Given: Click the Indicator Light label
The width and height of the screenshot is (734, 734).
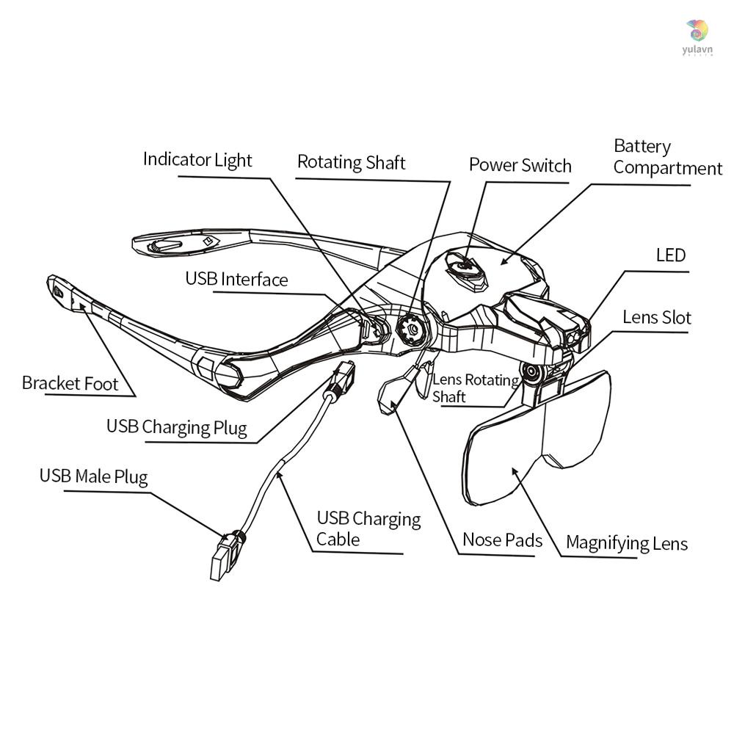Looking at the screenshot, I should [x=197, y=160].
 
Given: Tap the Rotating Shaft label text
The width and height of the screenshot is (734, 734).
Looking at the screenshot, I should [x=351, y=162].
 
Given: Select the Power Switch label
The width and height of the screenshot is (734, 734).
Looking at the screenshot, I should [x=520, y=165].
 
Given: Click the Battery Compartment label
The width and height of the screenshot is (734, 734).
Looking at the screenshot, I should [x=667, y=157].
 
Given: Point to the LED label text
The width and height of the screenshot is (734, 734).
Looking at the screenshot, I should [x=670, y=255].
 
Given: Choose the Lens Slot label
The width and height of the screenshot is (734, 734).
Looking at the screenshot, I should [x=656, y=318].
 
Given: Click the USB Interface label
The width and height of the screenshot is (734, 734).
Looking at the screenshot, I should [x=236, y=280].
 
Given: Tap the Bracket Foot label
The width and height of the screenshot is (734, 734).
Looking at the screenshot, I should [x=70, y=383].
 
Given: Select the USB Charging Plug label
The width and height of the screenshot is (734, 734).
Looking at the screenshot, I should [x=176, y=427].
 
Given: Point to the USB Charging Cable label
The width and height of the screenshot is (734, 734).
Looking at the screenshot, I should [x=368, y=529].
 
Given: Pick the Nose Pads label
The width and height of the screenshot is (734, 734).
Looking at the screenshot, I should [x=502, y=541].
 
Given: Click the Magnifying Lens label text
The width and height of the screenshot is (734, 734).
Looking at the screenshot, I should [x=626, y=544].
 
